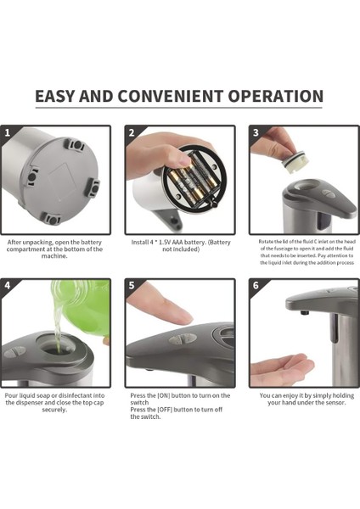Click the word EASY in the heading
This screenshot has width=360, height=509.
pyautogui.click(x=55, y=96)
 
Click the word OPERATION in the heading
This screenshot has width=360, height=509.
pyautogui.click(x=276, y=96)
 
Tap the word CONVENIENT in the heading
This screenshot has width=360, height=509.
pyautogui.click(x=171, y=96)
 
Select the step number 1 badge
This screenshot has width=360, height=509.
pyautogui.click(x=8, y=132)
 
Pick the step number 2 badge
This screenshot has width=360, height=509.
pyautogui.click(x=132, y=132)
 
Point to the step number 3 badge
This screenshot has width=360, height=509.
pyautogui.click(x=256, y=132)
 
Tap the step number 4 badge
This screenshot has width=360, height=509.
pyautogui.click(x=8, y=285)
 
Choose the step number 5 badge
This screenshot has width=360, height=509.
pyautogui.click(x=132, y=285)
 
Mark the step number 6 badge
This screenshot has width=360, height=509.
pyautogui.click(x=256, y=285)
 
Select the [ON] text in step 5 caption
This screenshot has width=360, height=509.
pyautogui.click(x=163, y=395)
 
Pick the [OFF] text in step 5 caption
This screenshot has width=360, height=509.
pyautogui.click(x=165, y=410)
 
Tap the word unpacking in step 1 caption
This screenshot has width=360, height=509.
pyautogui.click(x=37, y=243)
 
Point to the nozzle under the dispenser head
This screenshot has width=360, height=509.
pyautogui.click(x=304, y=313)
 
